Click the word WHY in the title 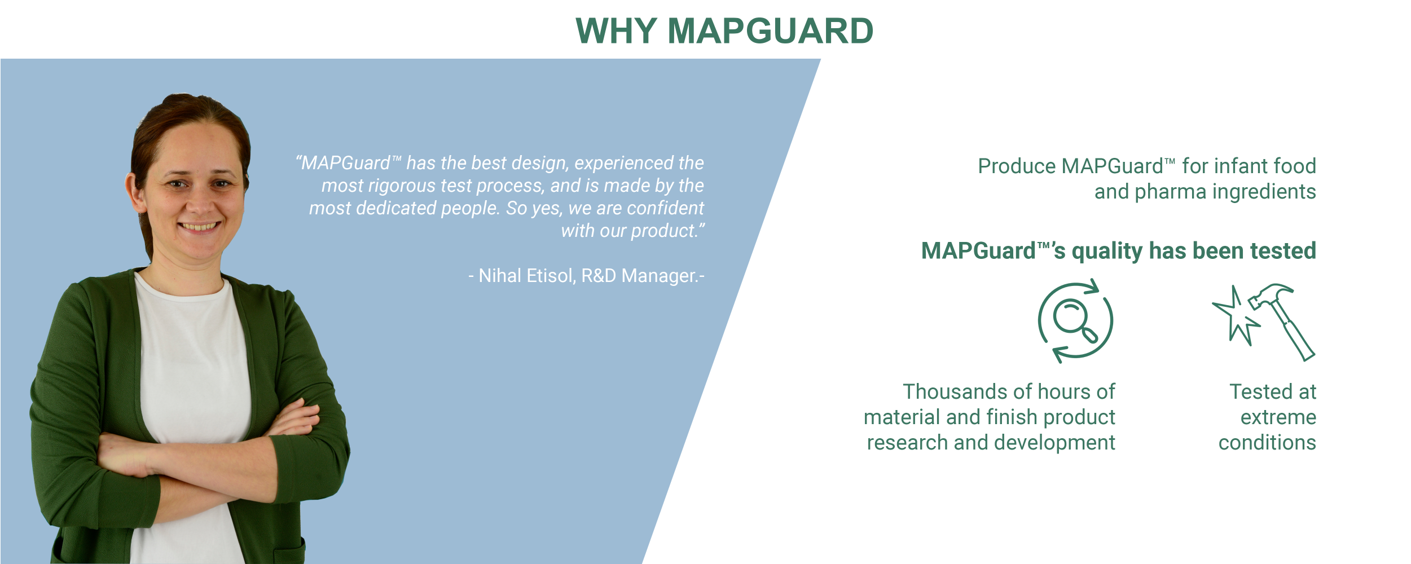(616, 31)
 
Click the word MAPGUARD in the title (771, 31)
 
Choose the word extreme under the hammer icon (1278, 417)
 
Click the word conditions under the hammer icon (1267, 443)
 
